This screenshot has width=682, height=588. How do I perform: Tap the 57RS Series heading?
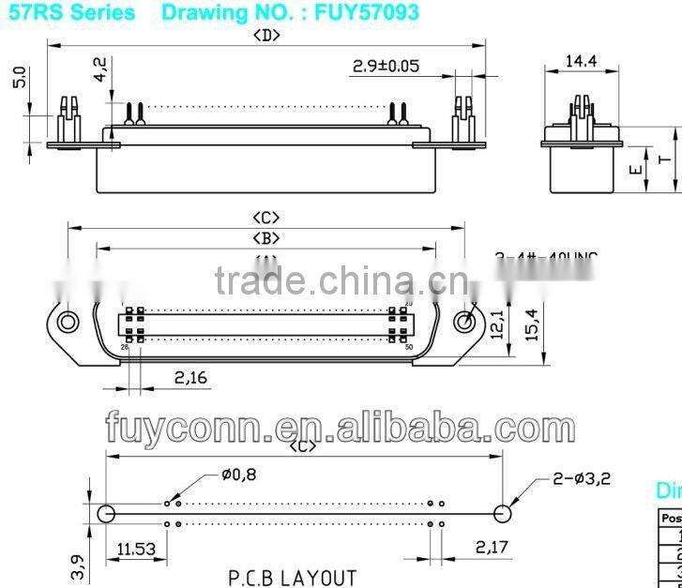72,12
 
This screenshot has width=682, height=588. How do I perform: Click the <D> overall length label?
267,36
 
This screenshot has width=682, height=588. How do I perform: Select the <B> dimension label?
266,239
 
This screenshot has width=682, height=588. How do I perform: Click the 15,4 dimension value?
531,324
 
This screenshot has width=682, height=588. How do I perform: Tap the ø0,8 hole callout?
238,475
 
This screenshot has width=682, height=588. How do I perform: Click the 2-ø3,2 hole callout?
582,478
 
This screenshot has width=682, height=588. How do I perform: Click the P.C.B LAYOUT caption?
292,577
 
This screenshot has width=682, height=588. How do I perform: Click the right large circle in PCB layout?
503,513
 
